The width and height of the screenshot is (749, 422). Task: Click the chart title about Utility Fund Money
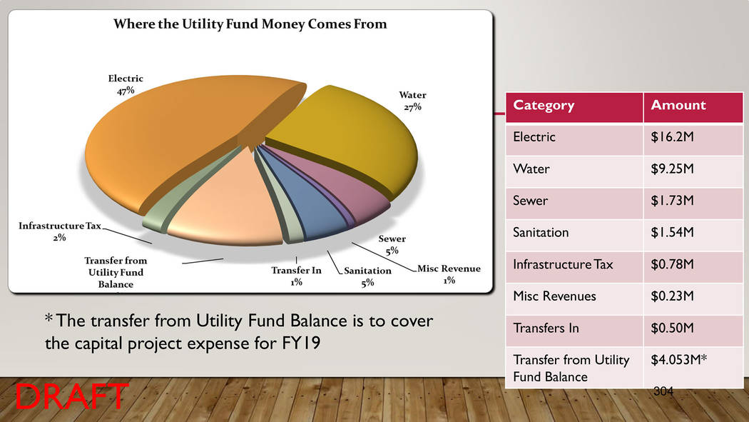250,24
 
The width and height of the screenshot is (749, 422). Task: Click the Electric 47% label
125,84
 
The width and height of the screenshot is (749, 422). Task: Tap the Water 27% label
412,101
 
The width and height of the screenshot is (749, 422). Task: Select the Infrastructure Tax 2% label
60,231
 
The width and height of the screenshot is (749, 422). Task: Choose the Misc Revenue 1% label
449,274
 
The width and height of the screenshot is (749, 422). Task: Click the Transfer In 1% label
296,276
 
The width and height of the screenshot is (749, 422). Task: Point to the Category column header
544,105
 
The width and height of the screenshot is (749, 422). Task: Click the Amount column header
678,105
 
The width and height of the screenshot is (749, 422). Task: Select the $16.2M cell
672,137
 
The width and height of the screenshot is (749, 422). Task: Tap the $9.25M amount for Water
672,169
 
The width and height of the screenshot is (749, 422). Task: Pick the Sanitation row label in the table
541,232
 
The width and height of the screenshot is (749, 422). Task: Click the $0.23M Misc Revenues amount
672,296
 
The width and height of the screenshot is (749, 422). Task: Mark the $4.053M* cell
679,359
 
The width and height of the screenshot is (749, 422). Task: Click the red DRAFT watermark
71,396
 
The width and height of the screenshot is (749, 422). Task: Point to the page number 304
663,391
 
